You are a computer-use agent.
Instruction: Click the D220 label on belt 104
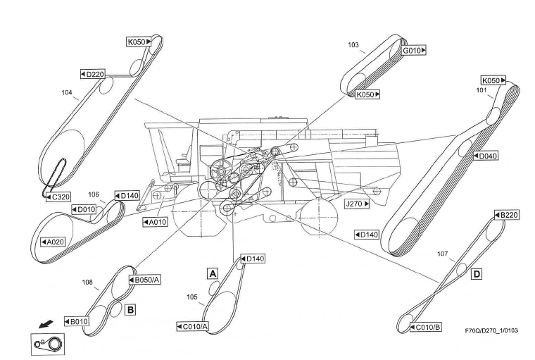coord(95,73)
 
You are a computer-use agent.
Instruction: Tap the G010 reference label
coord(415,51)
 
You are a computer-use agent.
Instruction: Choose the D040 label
coord(486,156)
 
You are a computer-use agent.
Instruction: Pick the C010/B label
coord(427,327)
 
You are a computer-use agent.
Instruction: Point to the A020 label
coord(53,242)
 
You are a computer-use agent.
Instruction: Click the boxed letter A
coord(211,272)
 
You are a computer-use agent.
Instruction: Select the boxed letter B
coord(130,308)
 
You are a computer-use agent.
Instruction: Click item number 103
coord(353,44)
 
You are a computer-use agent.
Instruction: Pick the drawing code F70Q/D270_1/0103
coord(492,330)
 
